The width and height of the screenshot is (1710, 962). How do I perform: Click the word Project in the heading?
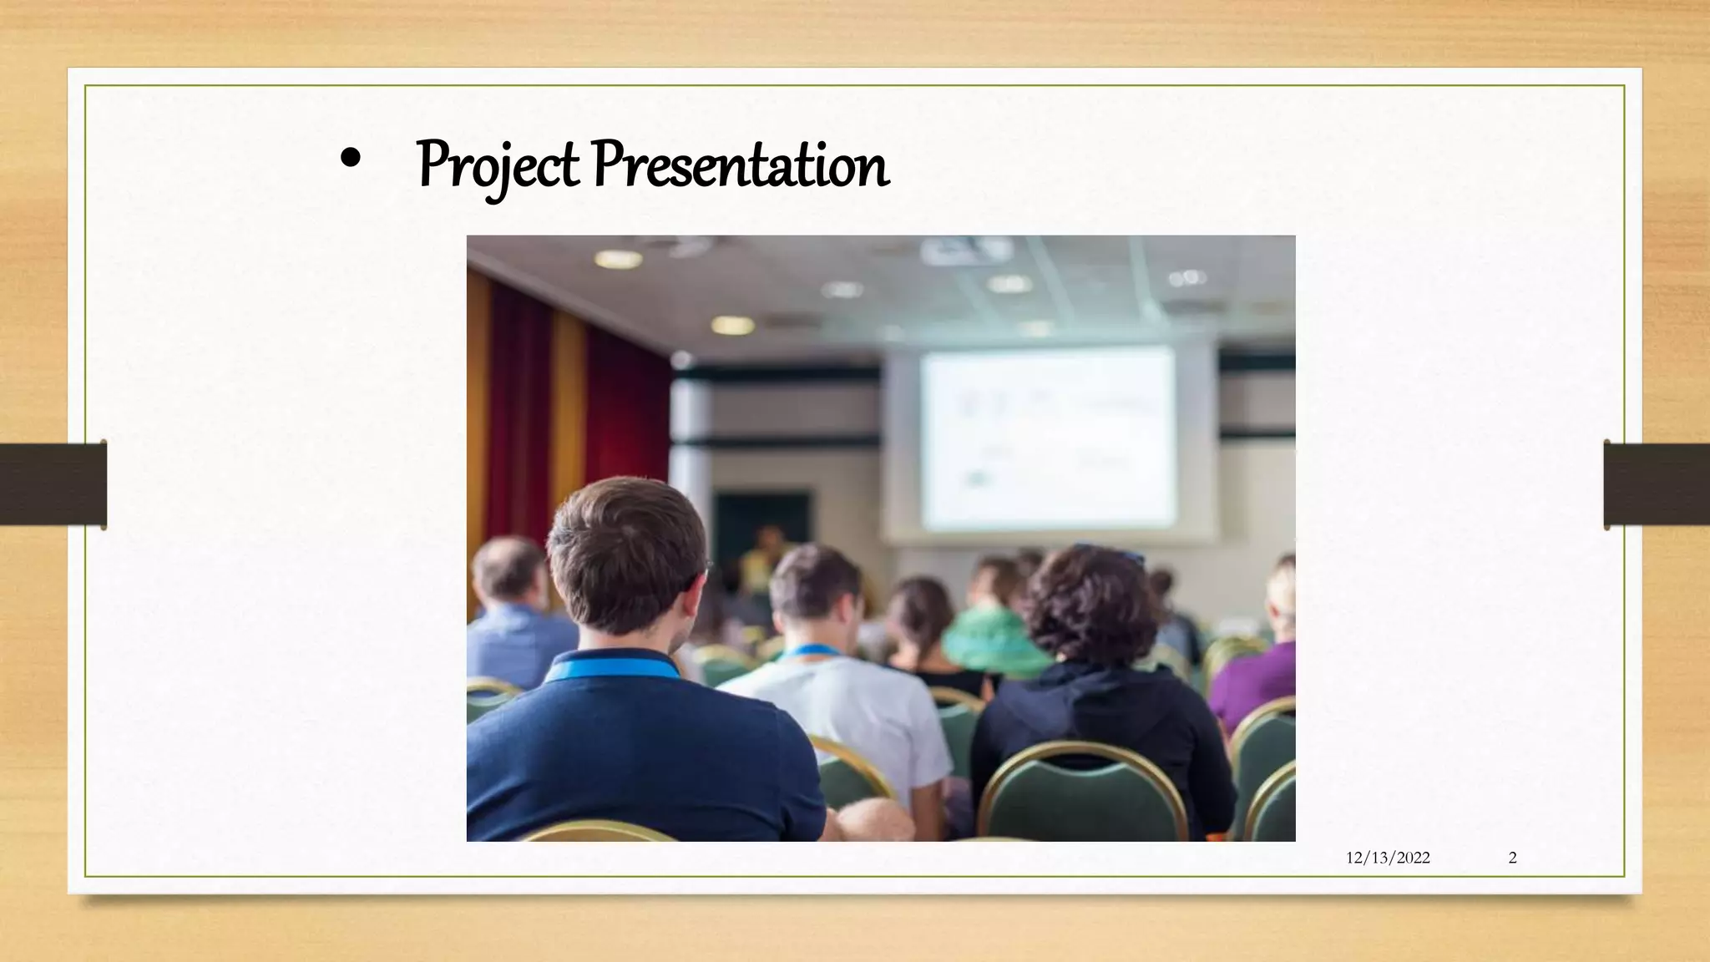[498, 165]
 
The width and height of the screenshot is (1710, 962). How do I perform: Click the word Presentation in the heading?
[740, 165]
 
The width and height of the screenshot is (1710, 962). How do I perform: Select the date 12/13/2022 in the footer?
[1388, 858]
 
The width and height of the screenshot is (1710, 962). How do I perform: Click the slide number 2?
[1512, 858]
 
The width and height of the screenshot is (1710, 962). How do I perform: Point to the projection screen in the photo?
[1048, 438]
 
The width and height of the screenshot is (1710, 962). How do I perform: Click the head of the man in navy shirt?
[626, 555]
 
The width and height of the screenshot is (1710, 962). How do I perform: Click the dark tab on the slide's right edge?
[1657, 484]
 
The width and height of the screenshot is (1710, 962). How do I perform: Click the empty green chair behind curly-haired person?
[1081, 793]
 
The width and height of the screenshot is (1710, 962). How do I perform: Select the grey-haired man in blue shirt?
[514, 610]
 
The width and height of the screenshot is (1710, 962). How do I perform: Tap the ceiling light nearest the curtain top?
[618, 259]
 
